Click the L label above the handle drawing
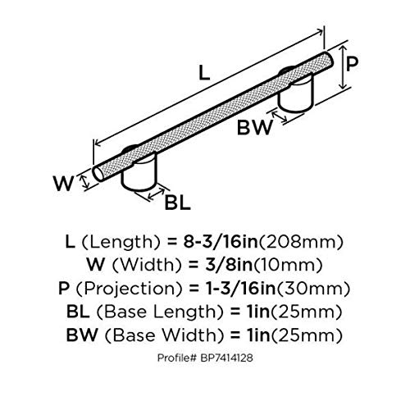(x=204, y=73)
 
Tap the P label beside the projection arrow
(x=352, y=64)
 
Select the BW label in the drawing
(x=255, y=127)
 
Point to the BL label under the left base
(x=177, y=203)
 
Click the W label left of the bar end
(x=64, y=184)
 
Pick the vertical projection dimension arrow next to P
(x=343, y=67)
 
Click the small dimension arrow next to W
(x=85, y=182)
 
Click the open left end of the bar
(x=98, y=173)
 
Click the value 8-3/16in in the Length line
(x=221, y=242)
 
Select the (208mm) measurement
(x=300, y=243)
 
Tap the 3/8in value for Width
(x=229, y=265)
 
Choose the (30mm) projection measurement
(x=312, y=289)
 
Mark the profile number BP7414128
(x=226, y=358)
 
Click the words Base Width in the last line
(x=164, y=335)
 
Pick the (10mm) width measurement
(x=287, y=265)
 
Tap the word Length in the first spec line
(x=121, y=243)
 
